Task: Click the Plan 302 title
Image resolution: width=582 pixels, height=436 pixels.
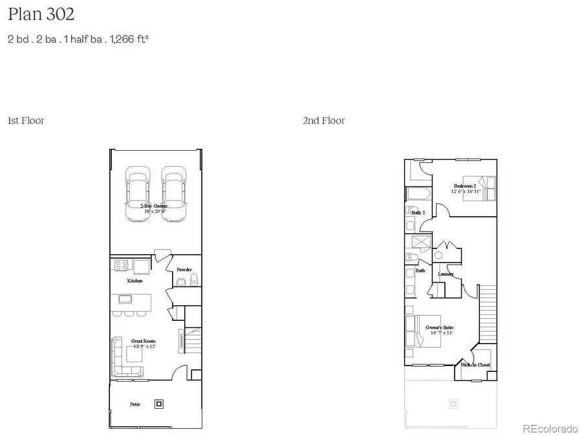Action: (x=41, y=14)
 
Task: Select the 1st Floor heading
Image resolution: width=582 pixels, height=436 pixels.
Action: (x=26, y=121)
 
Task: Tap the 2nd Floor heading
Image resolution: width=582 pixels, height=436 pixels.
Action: (x=323, y=121)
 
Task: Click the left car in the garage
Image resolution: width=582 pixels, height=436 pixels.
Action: (x=137, y=195)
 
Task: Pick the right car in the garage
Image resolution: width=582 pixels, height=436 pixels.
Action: (x=173, y=195)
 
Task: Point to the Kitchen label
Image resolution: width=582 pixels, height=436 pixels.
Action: (x=135, y=281)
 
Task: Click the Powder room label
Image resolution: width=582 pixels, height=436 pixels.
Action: (x=184, y=270)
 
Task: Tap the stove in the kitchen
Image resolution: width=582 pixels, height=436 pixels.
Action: (x=122, y=265)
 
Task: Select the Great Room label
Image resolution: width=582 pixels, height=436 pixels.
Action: (x=144, y=341)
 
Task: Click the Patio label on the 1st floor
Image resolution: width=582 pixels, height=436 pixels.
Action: (x=135, y=404)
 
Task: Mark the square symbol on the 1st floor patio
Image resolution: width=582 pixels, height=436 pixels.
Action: (x=159, y=404)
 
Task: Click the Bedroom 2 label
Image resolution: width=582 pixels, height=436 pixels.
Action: (x=465, y=186)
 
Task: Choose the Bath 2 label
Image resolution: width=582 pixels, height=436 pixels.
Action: (x=418, y=212)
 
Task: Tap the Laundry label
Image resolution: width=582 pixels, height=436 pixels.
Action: (x=446, y=274)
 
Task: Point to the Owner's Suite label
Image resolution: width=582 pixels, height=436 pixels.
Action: (x=439, y=328)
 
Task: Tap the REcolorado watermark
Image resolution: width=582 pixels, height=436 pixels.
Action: (x=550, y=428)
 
